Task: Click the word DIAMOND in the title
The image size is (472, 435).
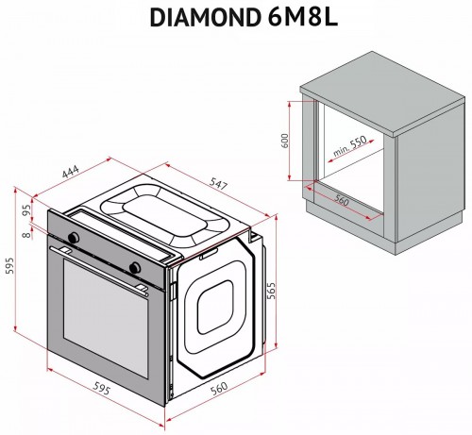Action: [197, 17]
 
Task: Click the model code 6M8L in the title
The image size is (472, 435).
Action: [293, 17]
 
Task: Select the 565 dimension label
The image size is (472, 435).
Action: [272, 290]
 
